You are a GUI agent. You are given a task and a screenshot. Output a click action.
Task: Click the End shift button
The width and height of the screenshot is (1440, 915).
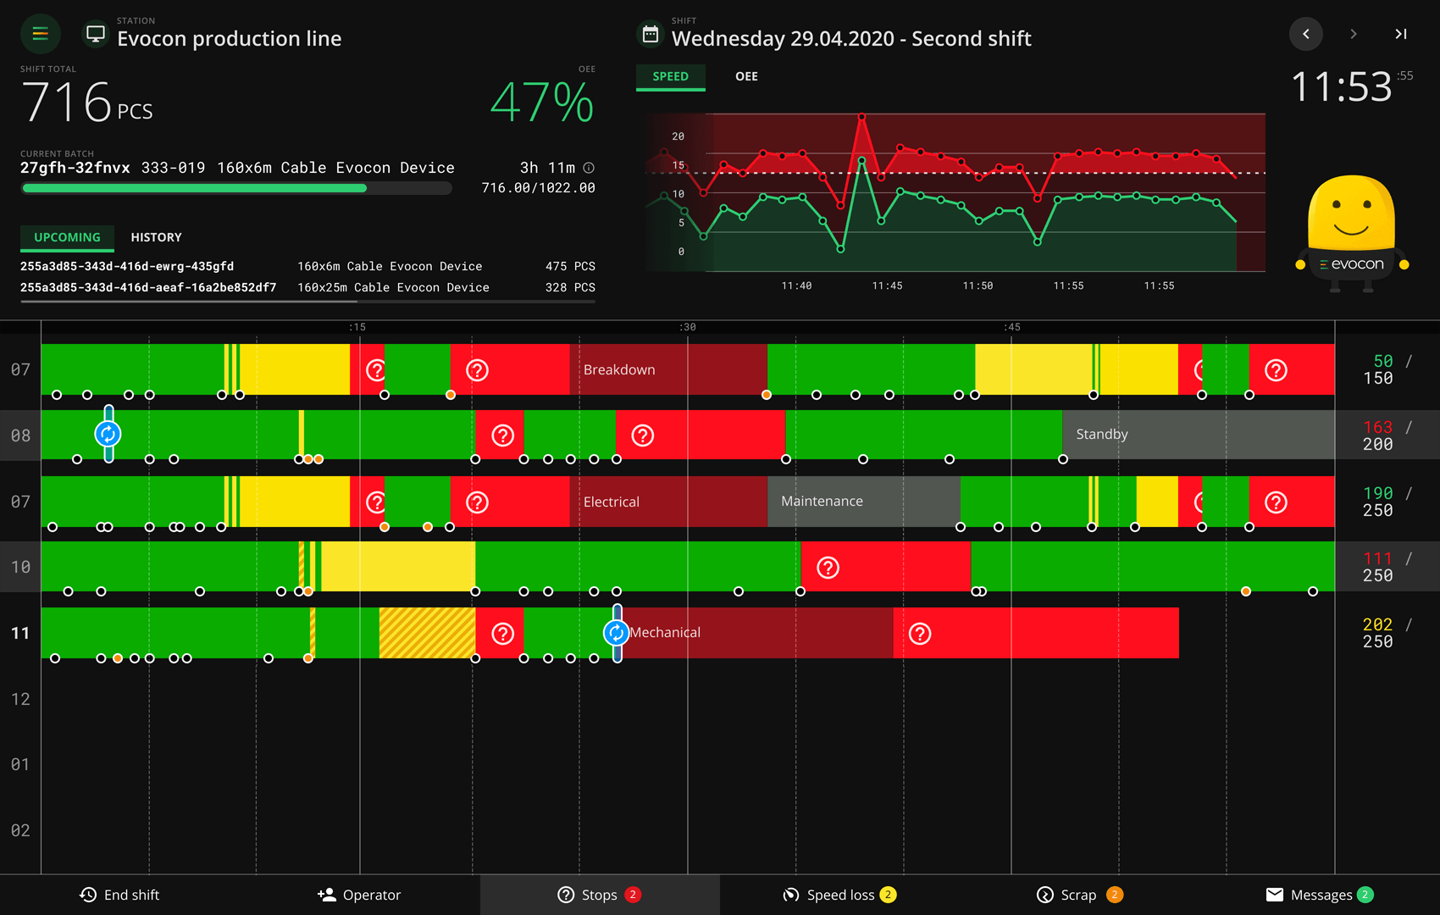(x=119, y=895)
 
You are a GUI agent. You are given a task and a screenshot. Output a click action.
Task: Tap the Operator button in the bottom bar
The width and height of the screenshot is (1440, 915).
(x=359, y=895)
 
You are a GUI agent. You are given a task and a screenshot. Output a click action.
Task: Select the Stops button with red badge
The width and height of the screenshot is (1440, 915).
(x=599, y=895)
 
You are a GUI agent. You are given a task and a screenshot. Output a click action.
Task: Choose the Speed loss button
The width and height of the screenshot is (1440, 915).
(x=839, y=895)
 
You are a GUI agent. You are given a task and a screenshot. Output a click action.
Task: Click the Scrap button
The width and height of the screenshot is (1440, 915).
(x=1078, y=895)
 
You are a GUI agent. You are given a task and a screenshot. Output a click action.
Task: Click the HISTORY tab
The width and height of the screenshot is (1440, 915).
(x=156, y=237)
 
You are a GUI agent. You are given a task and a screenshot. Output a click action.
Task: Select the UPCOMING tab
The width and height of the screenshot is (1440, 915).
(x=67, y=237)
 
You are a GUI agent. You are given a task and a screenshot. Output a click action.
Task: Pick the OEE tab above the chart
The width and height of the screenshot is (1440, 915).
(x=746, y=76)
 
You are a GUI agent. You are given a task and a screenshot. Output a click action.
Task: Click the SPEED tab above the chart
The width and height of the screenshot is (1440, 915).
(x=670, y=76)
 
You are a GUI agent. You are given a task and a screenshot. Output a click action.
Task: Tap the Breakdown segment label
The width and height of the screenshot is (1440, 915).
(x=619, y=369)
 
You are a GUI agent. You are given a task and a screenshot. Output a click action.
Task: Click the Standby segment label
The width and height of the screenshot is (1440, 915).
(x=1101, y=434)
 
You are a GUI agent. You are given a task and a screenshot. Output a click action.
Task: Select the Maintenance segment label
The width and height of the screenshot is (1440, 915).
(x=822, y=501)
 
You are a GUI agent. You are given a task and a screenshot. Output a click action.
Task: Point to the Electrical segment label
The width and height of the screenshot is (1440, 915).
(x=611, y=502)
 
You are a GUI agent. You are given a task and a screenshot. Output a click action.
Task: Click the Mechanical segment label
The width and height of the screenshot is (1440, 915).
(x=665, y=632)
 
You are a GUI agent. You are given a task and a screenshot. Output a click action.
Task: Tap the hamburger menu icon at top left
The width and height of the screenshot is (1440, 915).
(x=40, y=34)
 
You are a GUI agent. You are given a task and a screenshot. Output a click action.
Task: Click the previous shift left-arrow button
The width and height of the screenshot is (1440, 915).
(x=1305, y=34)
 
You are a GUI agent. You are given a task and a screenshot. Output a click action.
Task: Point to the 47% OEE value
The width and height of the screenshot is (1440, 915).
(x=542, y=103)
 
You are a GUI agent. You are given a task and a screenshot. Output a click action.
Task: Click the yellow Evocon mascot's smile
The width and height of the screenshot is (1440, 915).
(x=1351, y=228)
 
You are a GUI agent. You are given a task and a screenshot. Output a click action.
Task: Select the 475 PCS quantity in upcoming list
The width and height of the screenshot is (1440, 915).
(x=570, y=266)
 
